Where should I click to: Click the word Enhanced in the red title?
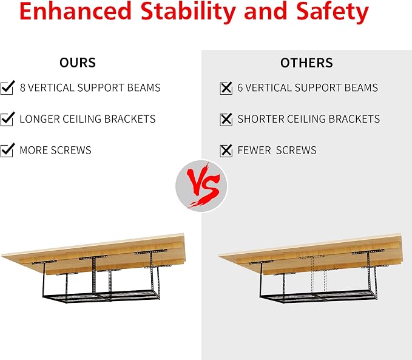pyautogui.click(x=75, y=11)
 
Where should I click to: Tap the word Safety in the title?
pyautogui.click(x=333, y=13)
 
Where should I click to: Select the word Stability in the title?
pyautogui.click(x=188, y=13)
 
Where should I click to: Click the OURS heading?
pyautogui.click(x=78, y=63)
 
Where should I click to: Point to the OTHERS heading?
pyautogui.click(x=306, y=63)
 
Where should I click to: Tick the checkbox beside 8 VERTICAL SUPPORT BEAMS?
pyautogui.click(x=7, y=87)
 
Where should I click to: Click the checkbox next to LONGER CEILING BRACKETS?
pyautogui.click(x=7, y=119)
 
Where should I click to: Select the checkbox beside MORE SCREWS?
pyautogui.click(x=7, y=150)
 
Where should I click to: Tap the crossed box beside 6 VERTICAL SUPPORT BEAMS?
pyautogui.click(x=226, y=88)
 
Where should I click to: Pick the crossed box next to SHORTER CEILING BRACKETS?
pyautogui.click(x=226, y=120)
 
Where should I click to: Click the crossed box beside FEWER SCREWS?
pyautogui.click(x=226, y=151)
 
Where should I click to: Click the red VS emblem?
pyautogui.click(x=201, y=186)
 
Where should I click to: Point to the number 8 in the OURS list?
pyautogui.click(x=22, y=87)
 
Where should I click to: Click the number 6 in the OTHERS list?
pyautogui.click(x=240, y=87)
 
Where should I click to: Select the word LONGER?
pyautogui.click(x=40, y=119)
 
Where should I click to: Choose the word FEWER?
pyautogui.click(x=254, y=150)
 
